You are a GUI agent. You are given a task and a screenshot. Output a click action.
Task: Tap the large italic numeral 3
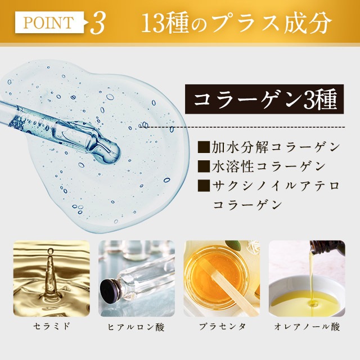tap(98, 23)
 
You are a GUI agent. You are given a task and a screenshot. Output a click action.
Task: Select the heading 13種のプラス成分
tap(236, 23)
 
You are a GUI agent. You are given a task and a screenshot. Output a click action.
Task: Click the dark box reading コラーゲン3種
tap(264, 99)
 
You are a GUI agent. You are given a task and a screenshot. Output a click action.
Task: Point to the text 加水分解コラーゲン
tap(276, 147)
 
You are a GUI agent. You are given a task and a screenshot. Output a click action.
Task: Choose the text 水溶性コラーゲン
tap(268, 166)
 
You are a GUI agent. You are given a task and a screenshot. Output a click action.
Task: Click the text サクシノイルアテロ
tap(276, 185)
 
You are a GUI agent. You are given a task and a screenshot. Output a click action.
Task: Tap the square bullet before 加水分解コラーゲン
tap(204, 147)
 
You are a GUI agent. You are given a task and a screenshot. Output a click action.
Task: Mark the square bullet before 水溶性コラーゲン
tap(204, 166)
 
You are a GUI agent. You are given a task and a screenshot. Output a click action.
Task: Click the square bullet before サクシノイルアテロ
tap(204, 186)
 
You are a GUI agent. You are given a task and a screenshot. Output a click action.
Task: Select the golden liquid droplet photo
tap(51, 278)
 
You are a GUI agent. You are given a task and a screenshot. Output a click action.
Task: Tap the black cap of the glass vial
tap(109, 290)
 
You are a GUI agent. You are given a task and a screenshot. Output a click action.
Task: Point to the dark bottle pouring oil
tap(327, 247)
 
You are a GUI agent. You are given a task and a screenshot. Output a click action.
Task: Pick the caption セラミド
tap(51, 326)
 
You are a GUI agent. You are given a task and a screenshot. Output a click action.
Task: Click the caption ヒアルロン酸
tap(136, 326)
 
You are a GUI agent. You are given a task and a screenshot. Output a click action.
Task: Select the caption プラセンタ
tap(222, 326)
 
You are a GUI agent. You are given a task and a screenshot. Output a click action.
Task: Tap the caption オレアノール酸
tap(307, 326)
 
